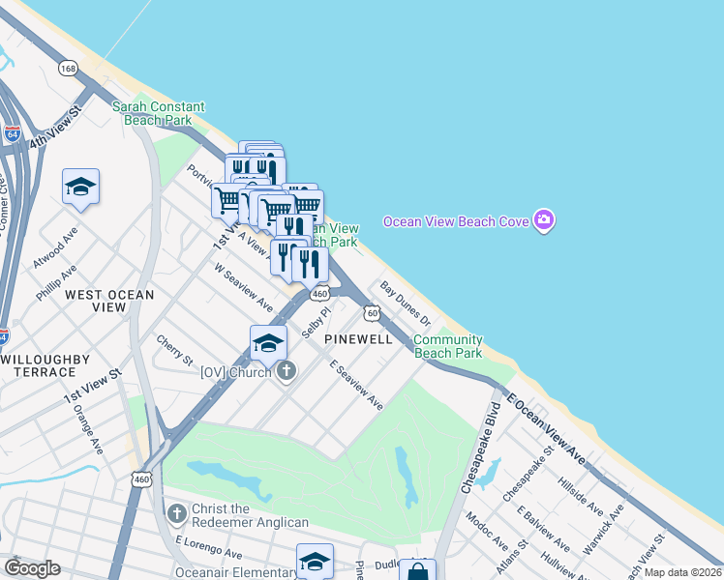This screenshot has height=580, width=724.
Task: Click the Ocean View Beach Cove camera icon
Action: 544,220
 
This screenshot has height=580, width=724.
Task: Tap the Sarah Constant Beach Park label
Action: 159,113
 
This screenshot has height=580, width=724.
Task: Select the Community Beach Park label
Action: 448,346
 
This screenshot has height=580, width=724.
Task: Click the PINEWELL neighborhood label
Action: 358,339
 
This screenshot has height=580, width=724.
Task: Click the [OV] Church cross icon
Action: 286,371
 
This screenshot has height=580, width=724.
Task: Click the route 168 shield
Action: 68,68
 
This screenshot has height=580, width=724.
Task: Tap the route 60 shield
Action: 372,312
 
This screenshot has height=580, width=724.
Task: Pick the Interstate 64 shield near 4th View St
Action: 12,134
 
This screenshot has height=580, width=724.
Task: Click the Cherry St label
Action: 174,351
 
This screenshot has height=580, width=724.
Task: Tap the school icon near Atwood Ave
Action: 81,188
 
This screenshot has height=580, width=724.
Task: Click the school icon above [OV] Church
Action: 268,342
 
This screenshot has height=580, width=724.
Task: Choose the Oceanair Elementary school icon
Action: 315,560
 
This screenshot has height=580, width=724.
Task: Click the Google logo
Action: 32,568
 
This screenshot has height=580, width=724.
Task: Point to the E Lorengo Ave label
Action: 209,548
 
